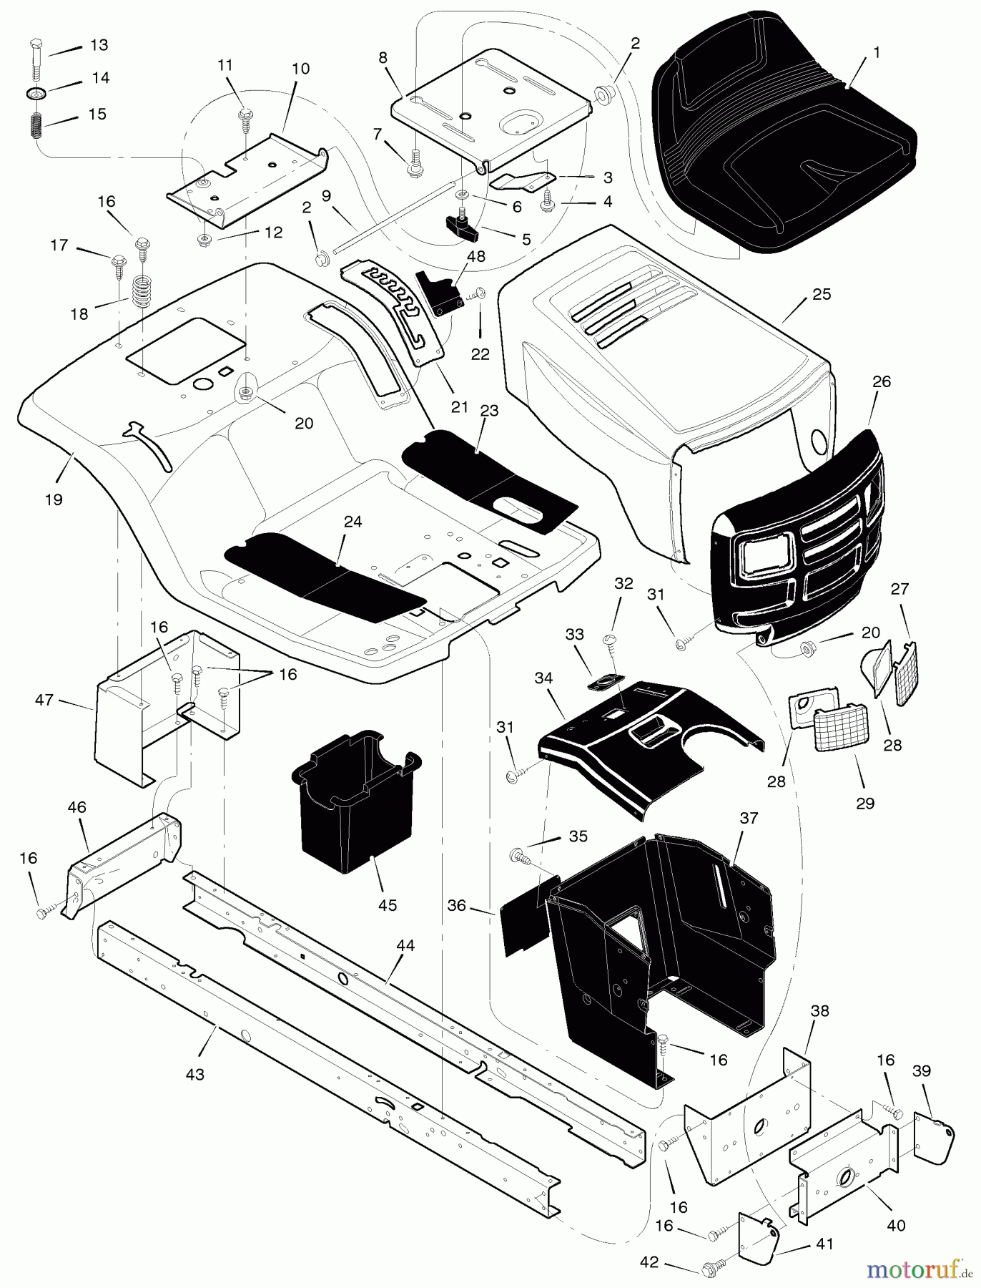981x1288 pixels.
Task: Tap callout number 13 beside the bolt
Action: point(99,45)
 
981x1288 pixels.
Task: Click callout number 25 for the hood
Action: point(822,294)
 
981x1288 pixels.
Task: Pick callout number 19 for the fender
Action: point(54,499)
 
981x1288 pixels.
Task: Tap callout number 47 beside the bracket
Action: point(44,700)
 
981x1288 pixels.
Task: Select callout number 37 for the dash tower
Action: point(749,818)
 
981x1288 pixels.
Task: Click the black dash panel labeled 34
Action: point(644,744)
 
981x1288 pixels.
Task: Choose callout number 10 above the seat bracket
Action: point(301,69)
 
